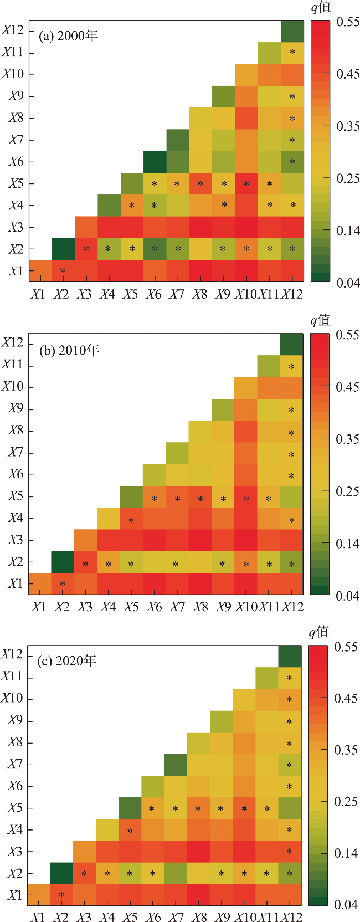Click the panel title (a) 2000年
[x=68, y=36]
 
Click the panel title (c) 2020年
[x=66, y=660]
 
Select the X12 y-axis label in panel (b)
[x=13, y=342]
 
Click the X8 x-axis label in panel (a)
[x=199, y=294]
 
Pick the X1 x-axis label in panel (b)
[x=38, y=607]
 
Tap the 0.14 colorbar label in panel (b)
[x=348, y=544]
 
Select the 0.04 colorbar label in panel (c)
[x=347, y=905]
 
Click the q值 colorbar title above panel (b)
[x=320, y=320]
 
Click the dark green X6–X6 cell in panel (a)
[x=155, y=162]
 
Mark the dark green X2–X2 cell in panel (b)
[x=63, y=562]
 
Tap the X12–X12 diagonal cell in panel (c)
[x=289, y=656]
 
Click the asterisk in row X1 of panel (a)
[x=63, y=272]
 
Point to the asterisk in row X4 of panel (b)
[x=131, y=520]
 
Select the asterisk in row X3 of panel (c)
[x=289, y=852]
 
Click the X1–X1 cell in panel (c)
[x=39, y=895]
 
